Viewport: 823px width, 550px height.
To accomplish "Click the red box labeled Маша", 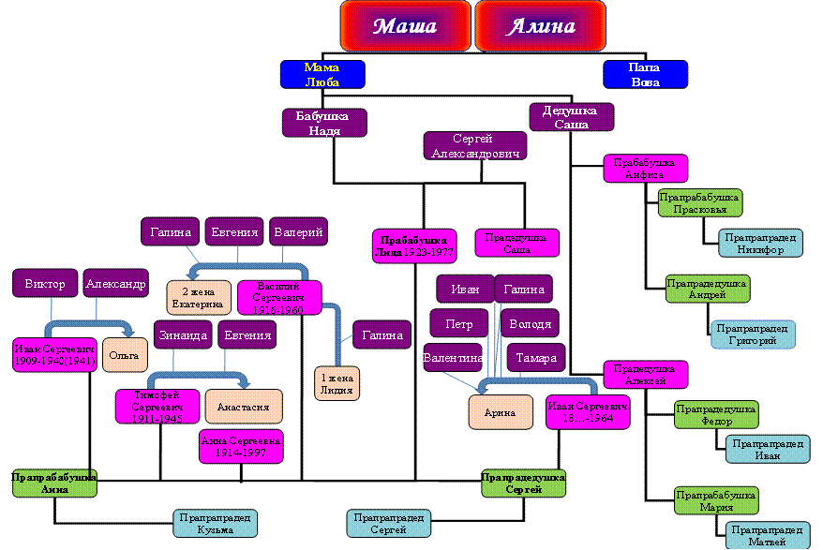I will point(405,25).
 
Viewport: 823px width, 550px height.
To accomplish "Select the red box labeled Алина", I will point(541,25).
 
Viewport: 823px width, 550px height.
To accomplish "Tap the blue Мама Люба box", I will point(322,75).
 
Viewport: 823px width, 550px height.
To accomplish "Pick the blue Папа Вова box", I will point(645,75).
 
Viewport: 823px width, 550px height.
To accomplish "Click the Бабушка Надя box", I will point(324,123).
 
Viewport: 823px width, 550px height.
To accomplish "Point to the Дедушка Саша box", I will point(572,117).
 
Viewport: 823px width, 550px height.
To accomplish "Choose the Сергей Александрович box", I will point(474,145).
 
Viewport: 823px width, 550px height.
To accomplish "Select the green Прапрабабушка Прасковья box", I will point(699,203).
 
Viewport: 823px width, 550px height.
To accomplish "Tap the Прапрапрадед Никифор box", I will point(760,243).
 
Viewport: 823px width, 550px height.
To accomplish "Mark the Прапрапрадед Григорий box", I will point(753,334).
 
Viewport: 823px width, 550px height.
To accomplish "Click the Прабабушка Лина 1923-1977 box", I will point(414,243).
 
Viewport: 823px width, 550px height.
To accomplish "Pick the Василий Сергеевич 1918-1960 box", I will point(279,297).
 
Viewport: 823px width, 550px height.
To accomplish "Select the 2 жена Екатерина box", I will point(198,297).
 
